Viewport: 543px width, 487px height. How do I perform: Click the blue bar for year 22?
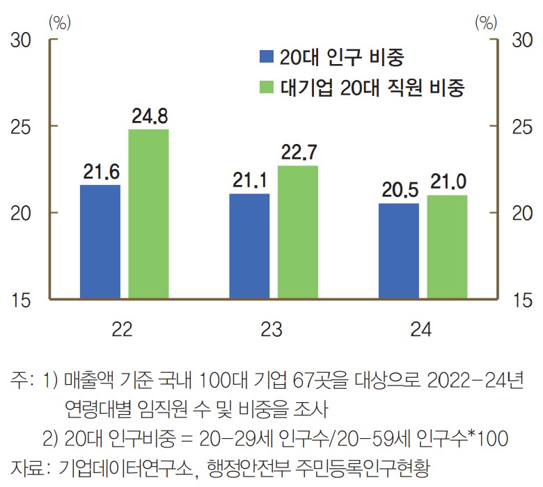click(100, 242)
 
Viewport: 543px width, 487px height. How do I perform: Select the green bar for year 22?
click(148, 214)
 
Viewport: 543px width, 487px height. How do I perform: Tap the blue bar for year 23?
click(249, 246)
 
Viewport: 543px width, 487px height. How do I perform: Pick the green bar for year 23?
click(297, 232)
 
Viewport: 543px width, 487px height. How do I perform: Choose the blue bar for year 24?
click(399, 251)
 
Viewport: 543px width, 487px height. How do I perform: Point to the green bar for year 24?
click(447, 247)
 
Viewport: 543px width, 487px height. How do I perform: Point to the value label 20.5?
click(399, 190)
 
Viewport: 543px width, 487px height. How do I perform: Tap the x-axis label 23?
click(272, 330)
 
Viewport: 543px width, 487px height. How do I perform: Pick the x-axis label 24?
click(421, 330)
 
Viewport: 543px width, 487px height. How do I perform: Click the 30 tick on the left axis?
click(22, 40)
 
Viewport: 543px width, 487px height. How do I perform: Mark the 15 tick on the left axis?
click(22, 300)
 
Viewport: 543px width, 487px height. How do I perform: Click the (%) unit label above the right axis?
click(487, 22)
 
